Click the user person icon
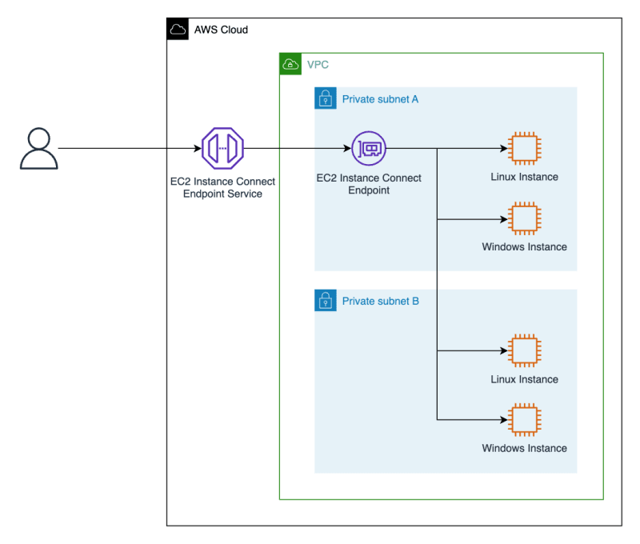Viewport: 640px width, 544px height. click(x=38, y=149)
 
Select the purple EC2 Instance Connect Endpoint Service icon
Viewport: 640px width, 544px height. click(x=222, y=148)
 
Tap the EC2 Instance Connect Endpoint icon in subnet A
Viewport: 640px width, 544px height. click(x=369, y=148)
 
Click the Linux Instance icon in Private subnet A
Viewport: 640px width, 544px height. click(x=524, y=148)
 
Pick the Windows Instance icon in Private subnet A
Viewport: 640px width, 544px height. click(x=524, y=218)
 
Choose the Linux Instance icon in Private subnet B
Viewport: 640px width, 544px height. click(x=524, y=350)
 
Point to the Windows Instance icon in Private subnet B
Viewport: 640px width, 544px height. click(x=524, y=419)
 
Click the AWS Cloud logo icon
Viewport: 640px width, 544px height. click(x=178, y=30)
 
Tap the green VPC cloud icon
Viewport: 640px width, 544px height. click(x=290, y=64)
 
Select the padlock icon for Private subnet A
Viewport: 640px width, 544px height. click(x=325, y=98)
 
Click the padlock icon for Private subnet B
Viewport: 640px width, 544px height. click(x=325, y=301)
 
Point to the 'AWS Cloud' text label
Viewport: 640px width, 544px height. click(x=221, y=30)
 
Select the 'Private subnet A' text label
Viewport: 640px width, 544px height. click(x=380, y=99)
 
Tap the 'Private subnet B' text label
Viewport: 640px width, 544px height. click(x=380, y=302)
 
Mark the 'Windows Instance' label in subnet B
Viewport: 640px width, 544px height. click(x=524, y=448)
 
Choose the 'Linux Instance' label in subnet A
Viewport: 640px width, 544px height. click(x=524, y=177)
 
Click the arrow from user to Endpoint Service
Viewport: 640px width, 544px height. click(x=128, y=148)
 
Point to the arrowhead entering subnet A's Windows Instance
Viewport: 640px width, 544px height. click(x=505, y=218)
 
